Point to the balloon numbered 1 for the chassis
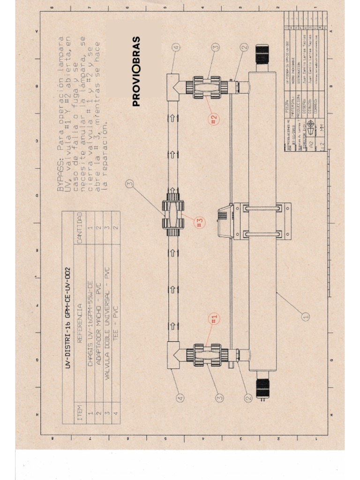tap(306, 316)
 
